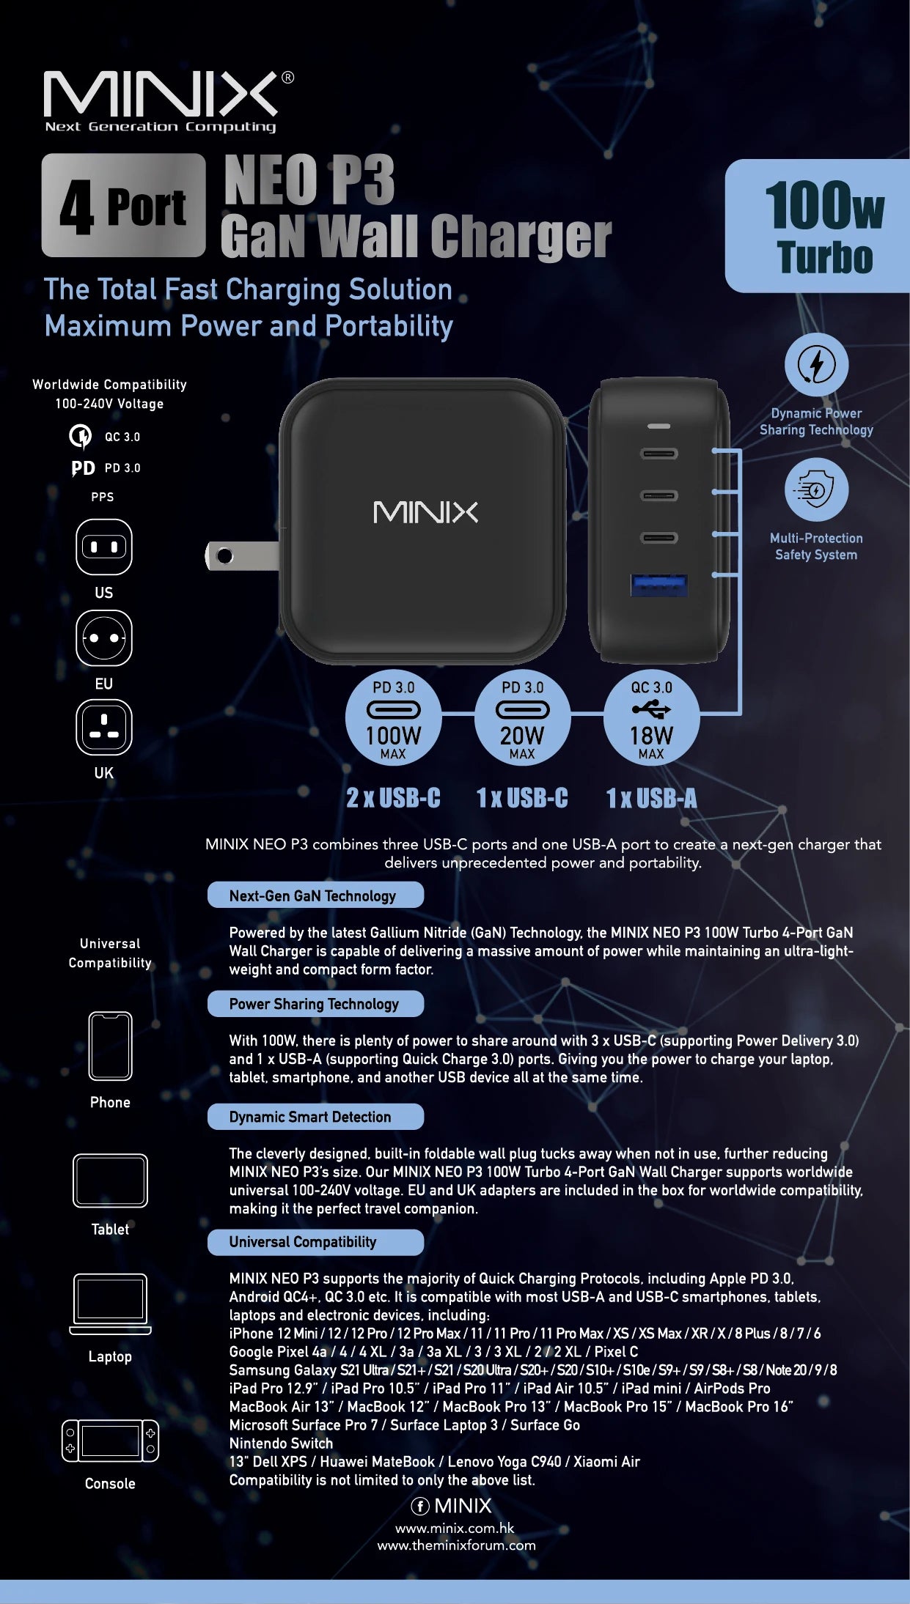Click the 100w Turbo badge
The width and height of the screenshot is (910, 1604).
click(x=818, y=226)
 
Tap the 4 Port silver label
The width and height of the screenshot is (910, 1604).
click(x=124, y=205)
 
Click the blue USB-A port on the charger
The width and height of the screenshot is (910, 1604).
click(x=659, y=585)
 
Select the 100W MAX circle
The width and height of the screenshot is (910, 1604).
click(x=394, y=717)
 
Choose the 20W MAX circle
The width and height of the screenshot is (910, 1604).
click(x=523, y=717)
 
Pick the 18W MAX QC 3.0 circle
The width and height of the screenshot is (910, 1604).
click(x=651, y=717)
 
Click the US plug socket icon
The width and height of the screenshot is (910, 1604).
click(x=104, y=547)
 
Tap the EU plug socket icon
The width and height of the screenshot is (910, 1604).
click(x=104, y=637)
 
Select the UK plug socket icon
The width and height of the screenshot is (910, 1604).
click(x=104, y=727)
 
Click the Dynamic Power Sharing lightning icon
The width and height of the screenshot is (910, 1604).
click(x=817, y=364)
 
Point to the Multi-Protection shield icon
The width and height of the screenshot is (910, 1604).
click(x=817, y=489)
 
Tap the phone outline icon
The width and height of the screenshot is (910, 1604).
click(x=110, y=1046)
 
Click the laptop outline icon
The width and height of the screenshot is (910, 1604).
click(x=110, y=1304)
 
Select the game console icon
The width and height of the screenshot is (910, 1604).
click(x=110, y=1441)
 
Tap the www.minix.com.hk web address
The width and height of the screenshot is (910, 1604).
click(x=455, y=1528)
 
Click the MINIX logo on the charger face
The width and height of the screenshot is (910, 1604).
click(x=425, y=512)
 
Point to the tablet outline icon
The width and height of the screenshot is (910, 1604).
click(x=110, y=1180)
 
